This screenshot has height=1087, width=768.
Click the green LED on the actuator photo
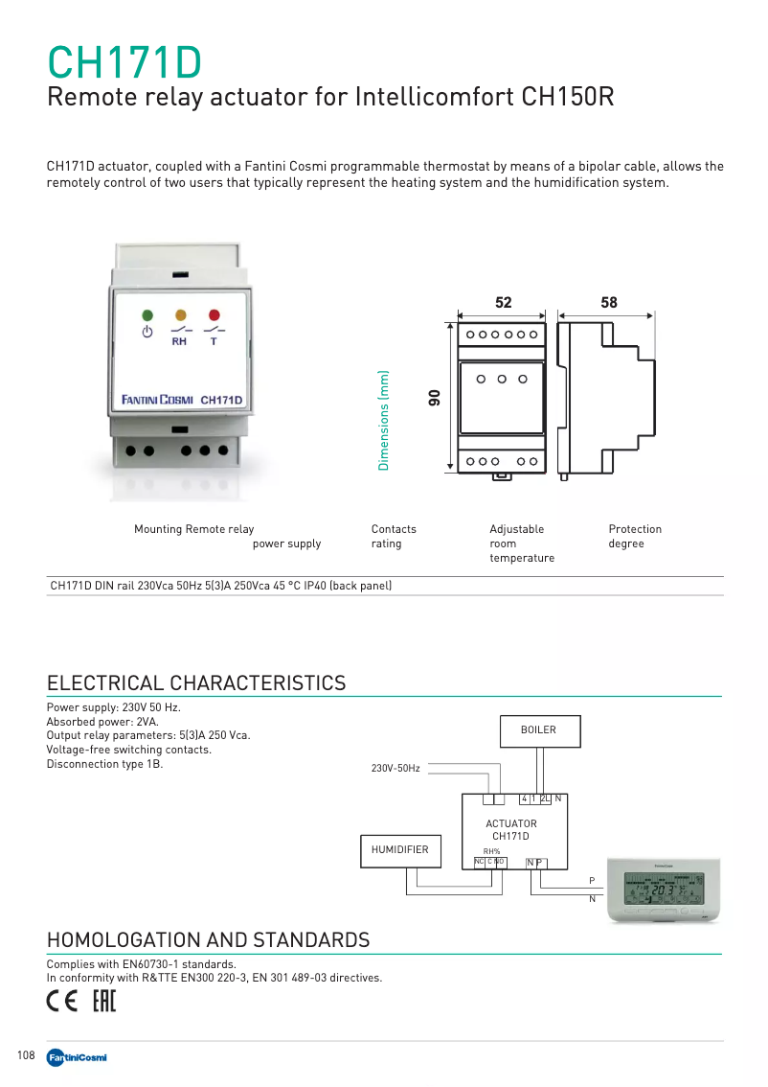tap(147, 314)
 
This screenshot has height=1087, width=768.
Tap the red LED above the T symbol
tap(214, 314)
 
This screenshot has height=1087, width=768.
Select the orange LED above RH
tap(180, 314)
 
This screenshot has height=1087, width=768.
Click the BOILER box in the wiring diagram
tap(538, 730)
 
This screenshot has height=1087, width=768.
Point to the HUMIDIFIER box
tap(400, 850)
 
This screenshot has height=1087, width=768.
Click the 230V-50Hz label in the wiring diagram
tap(395, 769)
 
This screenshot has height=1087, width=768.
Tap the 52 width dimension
tap(504, 303)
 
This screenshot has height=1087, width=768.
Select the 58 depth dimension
tap(609, 303)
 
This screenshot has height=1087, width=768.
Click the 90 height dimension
tap(434, 398)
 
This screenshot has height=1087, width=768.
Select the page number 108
tap(26, 1055)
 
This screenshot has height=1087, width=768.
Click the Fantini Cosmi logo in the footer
tap(77, 1056)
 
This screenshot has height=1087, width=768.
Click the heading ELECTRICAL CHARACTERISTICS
tap(196, 682)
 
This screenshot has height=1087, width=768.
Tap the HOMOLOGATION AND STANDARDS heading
tap(208, 940)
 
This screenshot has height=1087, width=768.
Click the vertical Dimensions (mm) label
tap(383, 420)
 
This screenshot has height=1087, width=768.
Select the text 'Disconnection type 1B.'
tap(105, 764)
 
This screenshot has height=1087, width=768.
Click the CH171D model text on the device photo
tap(220, 400)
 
